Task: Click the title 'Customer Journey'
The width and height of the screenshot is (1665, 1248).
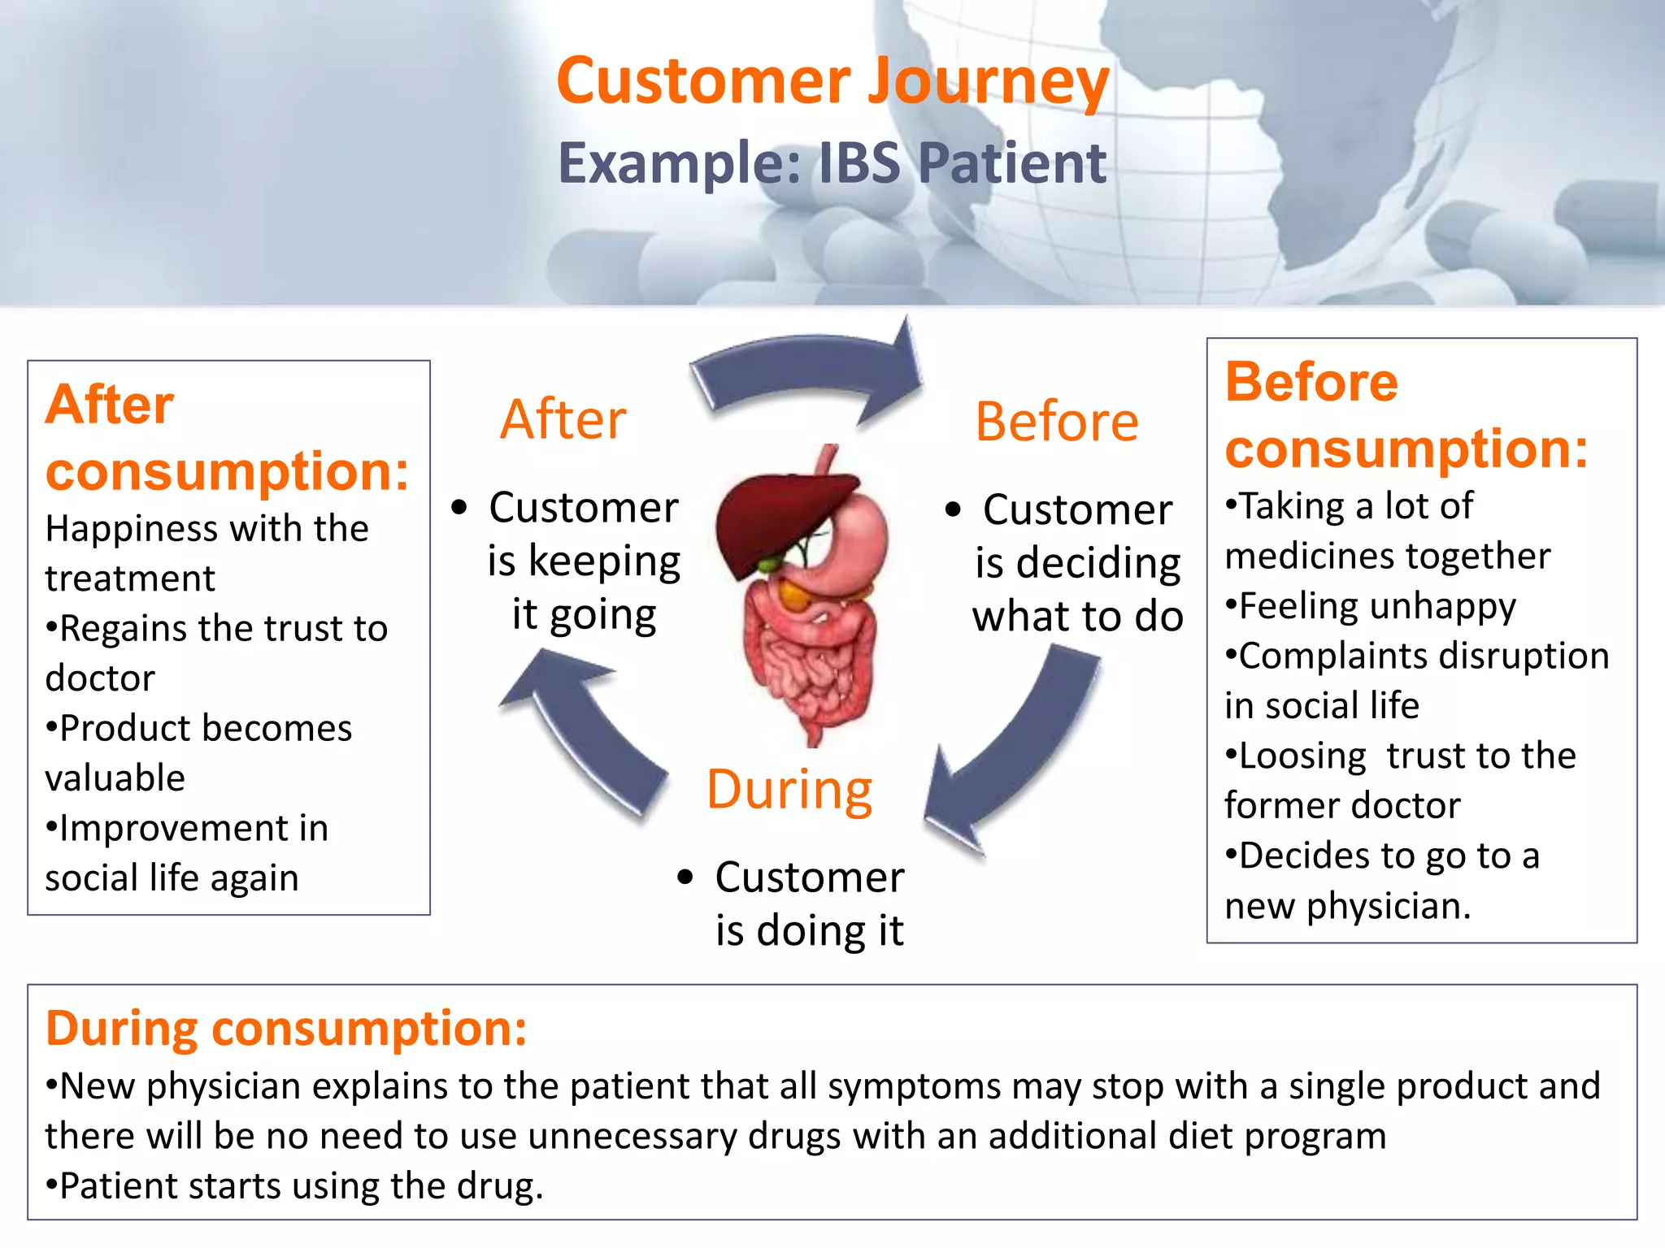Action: pyautogui.click(x=832, y=81)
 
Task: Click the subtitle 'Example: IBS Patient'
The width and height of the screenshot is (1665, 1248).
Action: pyautogui.click(x=832, y=163)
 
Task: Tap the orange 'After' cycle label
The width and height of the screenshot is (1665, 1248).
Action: pyautogui.click(x=563, y=420)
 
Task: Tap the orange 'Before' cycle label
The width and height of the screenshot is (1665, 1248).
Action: pyautogui.click(x=1056, y=422)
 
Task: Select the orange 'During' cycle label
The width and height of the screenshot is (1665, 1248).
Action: pyautogui.click(x=789, y=790)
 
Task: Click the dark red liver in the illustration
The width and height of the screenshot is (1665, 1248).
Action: pyautogui.click(x=772, y=520)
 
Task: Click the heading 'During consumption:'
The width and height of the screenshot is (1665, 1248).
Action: pyautogui.click(x=286, y=1029)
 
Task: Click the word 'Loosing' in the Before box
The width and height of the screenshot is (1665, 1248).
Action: pyautogui.click(x=1302, y=756)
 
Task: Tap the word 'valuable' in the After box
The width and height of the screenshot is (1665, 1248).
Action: pyautogui.click(x=115, y=778)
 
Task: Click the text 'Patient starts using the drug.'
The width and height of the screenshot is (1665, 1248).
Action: pyautogui.click(x=301, y=1186)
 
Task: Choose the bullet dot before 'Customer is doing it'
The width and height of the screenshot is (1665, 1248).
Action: pyautogui.click(x=685, y=877)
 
